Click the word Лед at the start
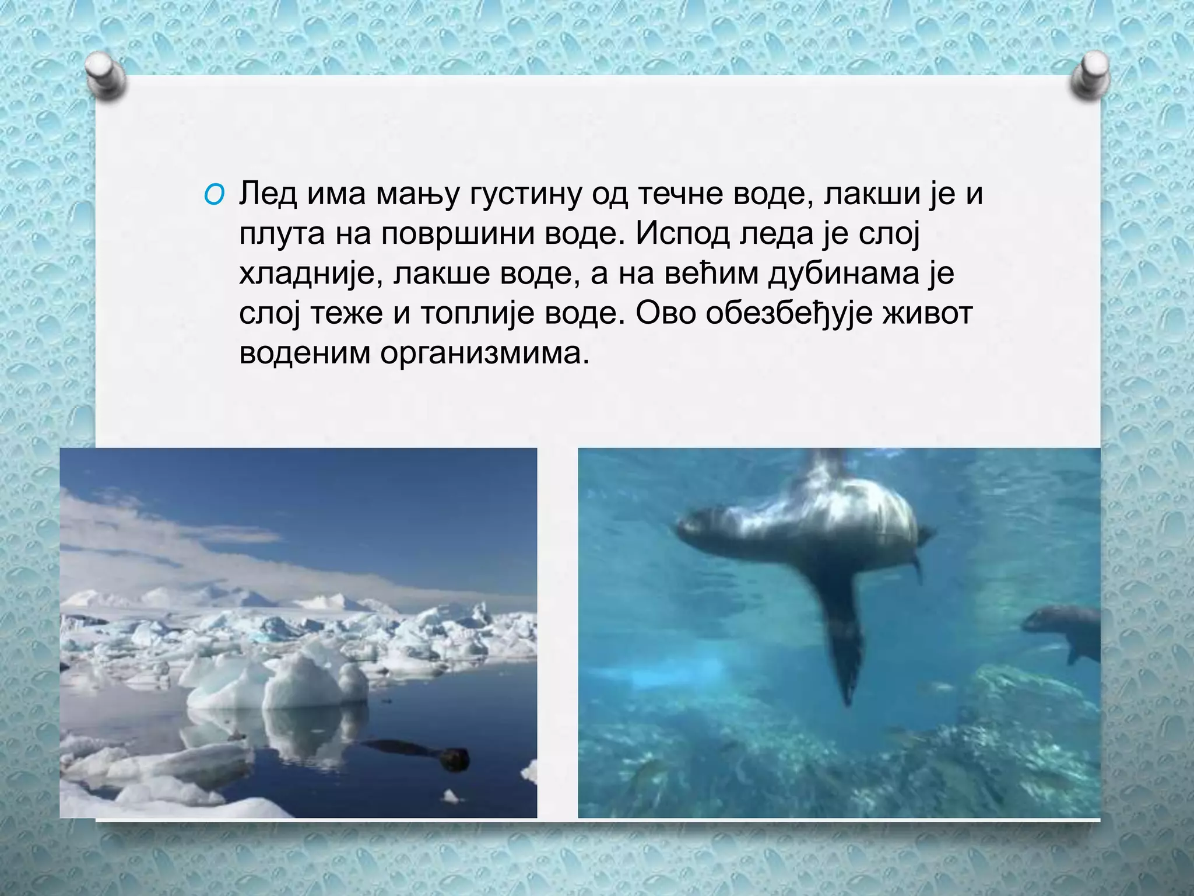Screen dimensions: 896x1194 coord(268,194)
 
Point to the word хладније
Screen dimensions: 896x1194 coord(305,274)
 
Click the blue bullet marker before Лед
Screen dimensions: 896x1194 coord(213,196)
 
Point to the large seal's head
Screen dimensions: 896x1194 coord(697,521)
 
